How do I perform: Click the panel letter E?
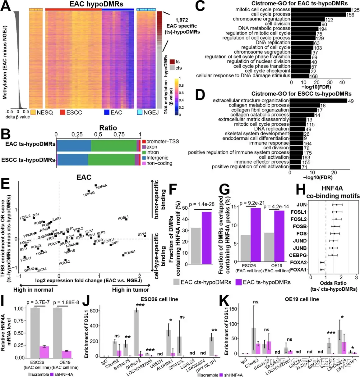(5, 184)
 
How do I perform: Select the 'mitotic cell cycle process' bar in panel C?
(321, 10)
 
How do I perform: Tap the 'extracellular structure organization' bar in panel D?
(318, 101)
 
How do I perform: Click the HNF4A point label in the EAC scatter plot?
(101, 187)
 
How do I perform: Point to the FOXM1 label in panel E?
(130, 252)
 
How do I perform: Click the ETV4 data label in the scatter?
(142, 234)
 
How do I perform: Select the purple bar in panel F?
(206, 238)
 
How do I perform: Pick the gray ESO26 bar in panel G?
(245, 248)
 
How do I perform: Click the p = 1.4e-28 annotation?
(202, 204)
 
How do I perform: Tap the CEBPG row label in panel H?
(298, 255)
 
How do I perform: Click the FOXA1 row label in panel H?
(298, 270)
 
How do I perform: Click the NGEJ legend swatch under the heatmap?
(140, 112)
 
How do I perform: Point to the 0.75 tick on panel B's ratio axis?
(119, 134)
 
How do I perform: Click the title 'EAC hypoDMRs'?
(96, 4)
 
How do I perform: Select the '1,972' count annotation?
(182, 20)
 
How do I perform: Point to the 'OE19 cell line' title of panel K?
(302, 299)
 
